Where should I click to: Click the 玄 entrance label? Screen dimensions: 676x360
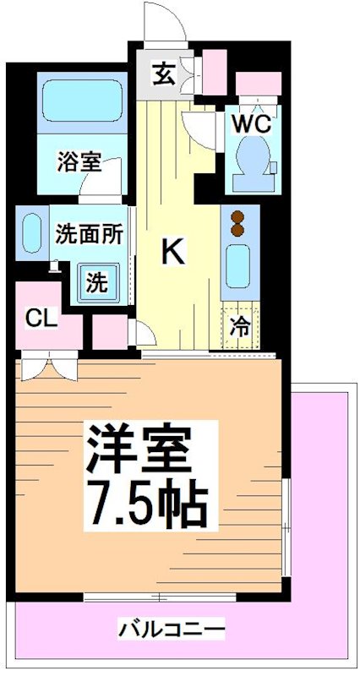[x=163, y=75]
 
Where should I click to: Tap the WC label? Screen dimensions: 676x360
[x=251, y=123]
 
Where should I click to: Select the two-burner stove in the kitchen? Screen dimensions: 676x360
[x=237, y=222]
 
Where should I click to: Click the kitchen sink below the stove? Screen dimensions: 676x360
[x=238, y=268]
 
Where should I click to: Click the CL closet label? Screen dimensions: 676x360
[x=41, y=319]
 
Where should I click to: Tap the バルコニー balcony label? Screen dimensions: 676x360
[x=172, y=630]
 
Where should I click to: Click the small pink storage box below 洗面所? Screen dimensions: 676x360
[x=110, y=332]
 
